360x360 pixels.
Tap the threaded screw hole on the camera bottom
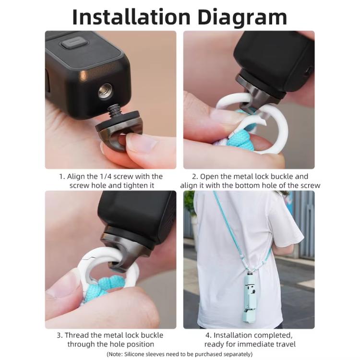105,91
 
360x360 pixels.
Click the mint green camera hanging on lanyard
250,298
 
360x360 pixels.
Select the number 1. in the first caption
62,177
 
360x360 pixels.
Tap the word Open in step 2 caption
210,177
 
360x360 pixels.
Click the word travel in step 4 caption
284,344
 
